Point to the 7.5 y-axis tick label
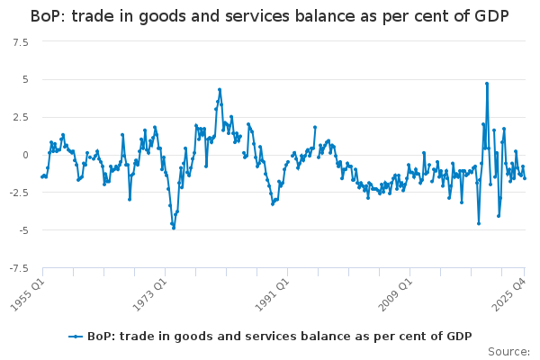pos(19,41)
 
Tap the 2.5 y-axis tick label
pos(19,117)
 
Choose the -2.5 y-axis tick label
pos(17,193)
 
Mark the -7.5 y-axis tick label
pos(17,268)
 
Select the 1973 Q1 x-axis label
pos(149,293)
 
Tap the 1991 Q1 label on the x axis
pos(272,293)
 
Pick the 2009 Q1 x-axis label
pos(394,293)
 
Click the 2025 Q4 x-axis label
pos(509,293)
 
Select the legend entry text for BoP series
pos(279,336)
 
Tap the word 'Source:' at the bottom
pos(509,351)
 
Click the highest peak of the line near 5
pos(487,84)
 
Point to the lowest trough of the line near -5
pos(174,228)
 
